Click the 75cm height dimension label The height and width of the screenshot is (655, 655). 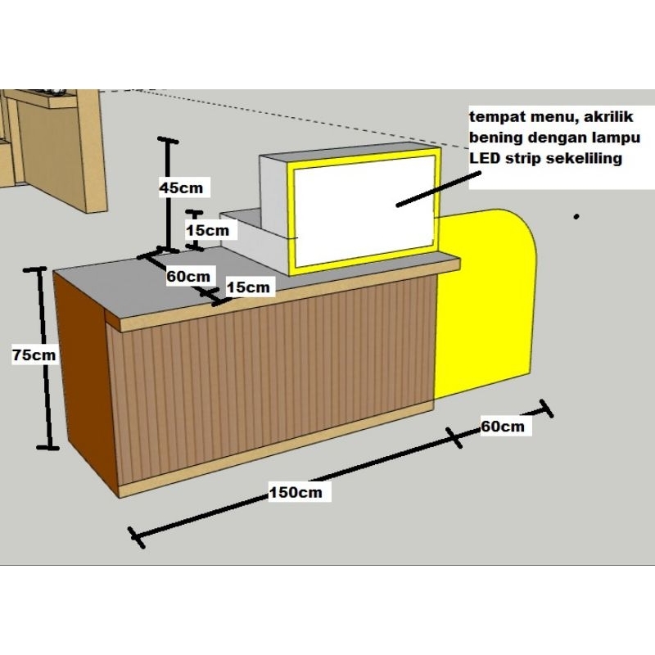[x=34, y=355]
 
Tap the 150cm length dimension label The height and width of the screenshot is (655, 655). [x=296, y=492]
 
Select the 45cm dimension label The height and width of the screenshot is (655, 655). [x=181, y=187]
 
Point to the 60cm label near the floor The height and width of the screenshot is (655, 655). [x=503, y=427]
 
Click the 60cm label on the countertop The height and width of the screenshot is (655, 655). [x=188, y=276]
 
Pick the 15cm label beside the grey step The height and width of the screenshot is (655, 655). [x=208, y=230]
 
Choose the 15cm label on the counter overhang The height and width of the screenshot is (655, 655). [x=248, y=287]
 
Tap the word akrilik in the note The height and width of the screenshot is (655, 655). [x=608, y=116]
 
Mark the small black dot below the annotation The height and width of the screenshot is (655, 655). [x=576, y=216]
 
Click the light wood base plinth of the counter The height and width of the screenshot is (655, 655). [x=276, y=450]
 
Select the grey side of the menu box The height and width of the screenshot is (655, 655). [x=274, y=213]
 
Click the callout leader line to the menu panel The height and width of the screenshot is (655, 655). [x=438, y=189]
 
